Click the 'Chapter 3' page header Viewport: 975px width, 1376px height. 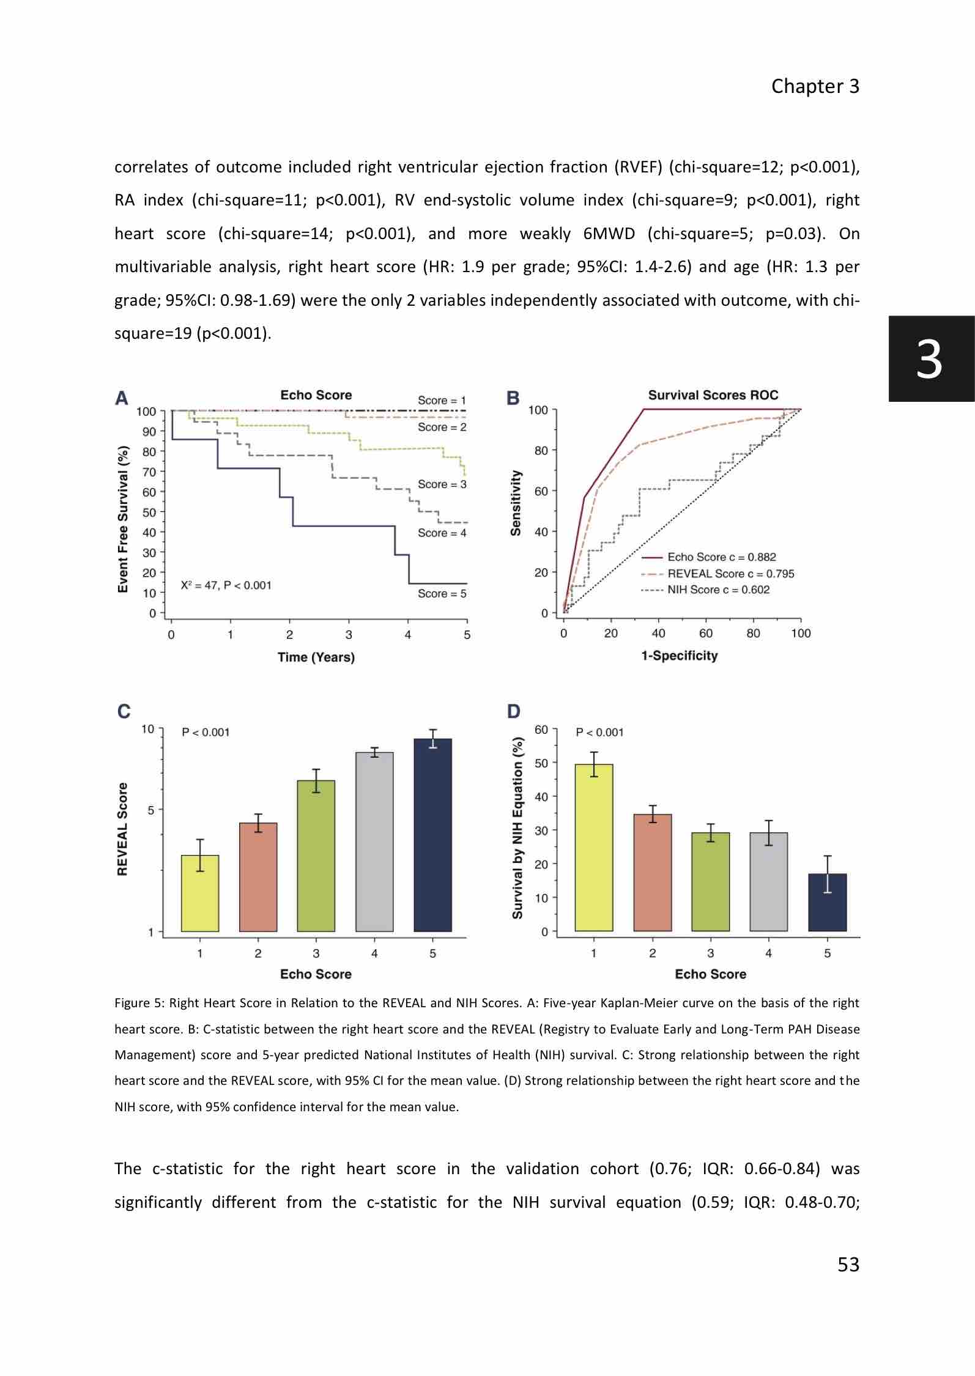(815, 86)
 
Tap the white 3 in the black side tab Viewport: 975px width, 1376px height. (929, 360)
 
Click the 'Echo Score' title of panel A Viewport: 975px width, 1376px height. (316, 395)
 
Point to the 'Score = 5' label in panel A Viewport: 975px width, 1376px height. (442, 593)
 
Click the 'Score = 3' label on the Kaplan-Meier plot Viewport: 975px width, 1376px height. (442, 484)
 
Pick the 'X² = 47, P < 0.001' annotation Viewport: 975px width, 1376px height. (226, 585)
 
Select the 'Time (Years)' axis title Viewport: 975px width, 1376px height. (316, 657)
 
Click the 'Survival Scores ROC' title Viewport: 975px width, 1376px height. (713, 395)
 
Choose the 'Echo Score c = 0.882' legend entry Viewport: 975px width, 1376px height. (721, 557)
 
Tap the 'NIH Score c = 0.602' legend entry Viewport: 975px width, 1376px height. (718, 590)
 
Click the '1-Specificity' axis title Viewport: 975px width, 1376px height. (679, 655)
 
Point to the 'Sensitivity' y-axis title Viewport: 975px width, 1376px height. (516, 503)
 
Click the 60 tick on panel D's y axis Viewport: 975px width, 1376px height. (541, 730)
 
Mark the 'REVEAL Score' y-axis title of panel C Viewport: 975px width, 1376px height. (122, 829)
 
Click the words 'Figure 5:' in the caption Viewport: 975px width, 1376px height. (139, 1003)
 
